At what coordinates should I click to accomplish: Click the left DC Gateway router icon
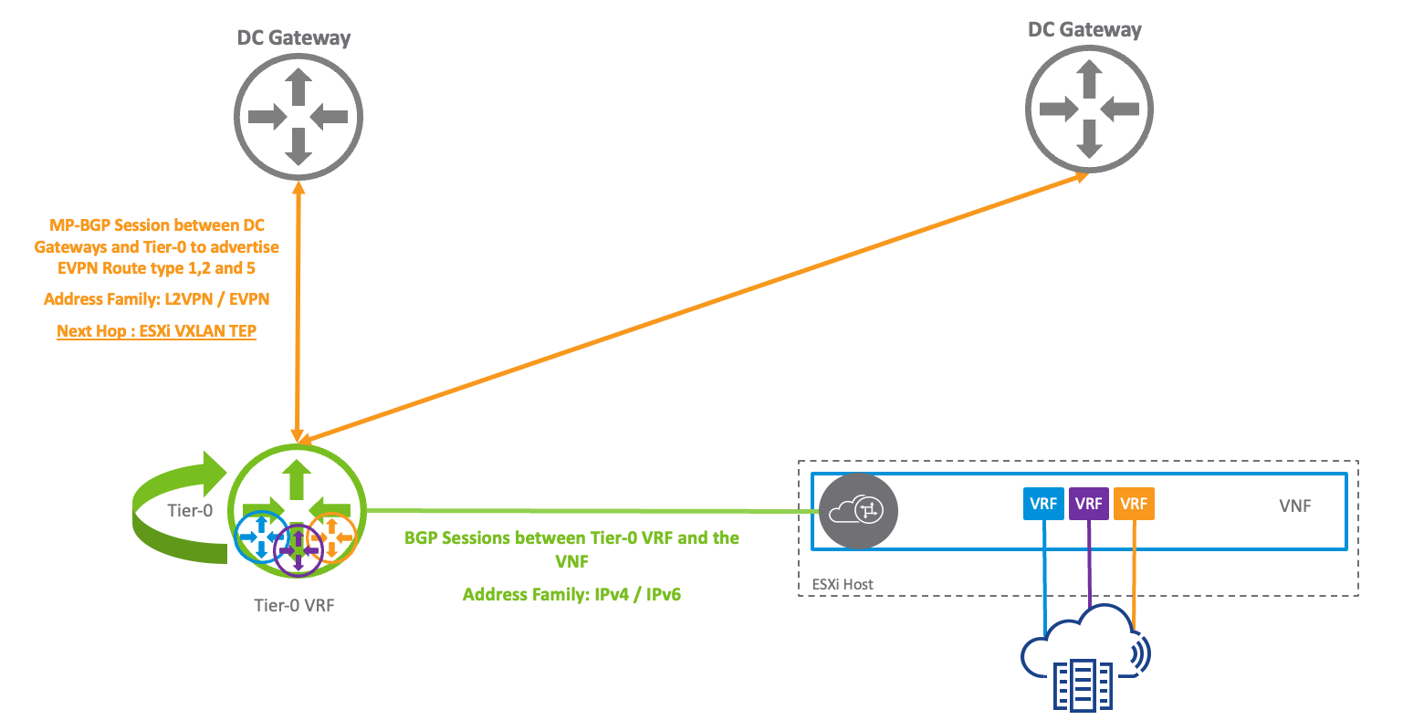298,117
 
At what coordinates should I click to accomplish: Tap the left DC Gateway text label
293,38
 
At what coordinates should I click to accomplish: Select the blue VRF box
1043,504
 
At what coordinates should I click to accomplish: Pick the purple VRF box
1088,504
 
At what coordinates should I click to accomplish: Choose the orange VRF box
1134,504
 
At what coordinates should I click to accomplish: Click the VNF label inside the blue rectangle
1294,506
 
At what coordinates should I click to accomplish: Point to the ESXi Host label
843,584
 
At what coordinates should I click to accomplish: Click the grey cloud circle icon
858,511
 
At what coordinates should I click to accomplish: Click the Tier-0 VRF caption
294,605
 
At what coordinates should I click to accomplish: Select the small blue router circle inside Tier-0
260,537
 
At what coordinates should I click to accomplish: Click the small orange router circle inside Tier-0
332,537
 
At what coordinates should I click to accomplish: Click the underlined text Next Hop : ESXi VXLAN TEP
156,330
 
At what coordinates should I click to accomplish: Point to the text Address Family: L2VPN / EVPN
156,298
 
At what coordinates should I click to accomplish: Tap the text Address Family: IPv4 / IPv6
571,595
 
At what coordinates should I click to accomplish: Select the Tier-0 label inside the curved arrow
190,510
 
